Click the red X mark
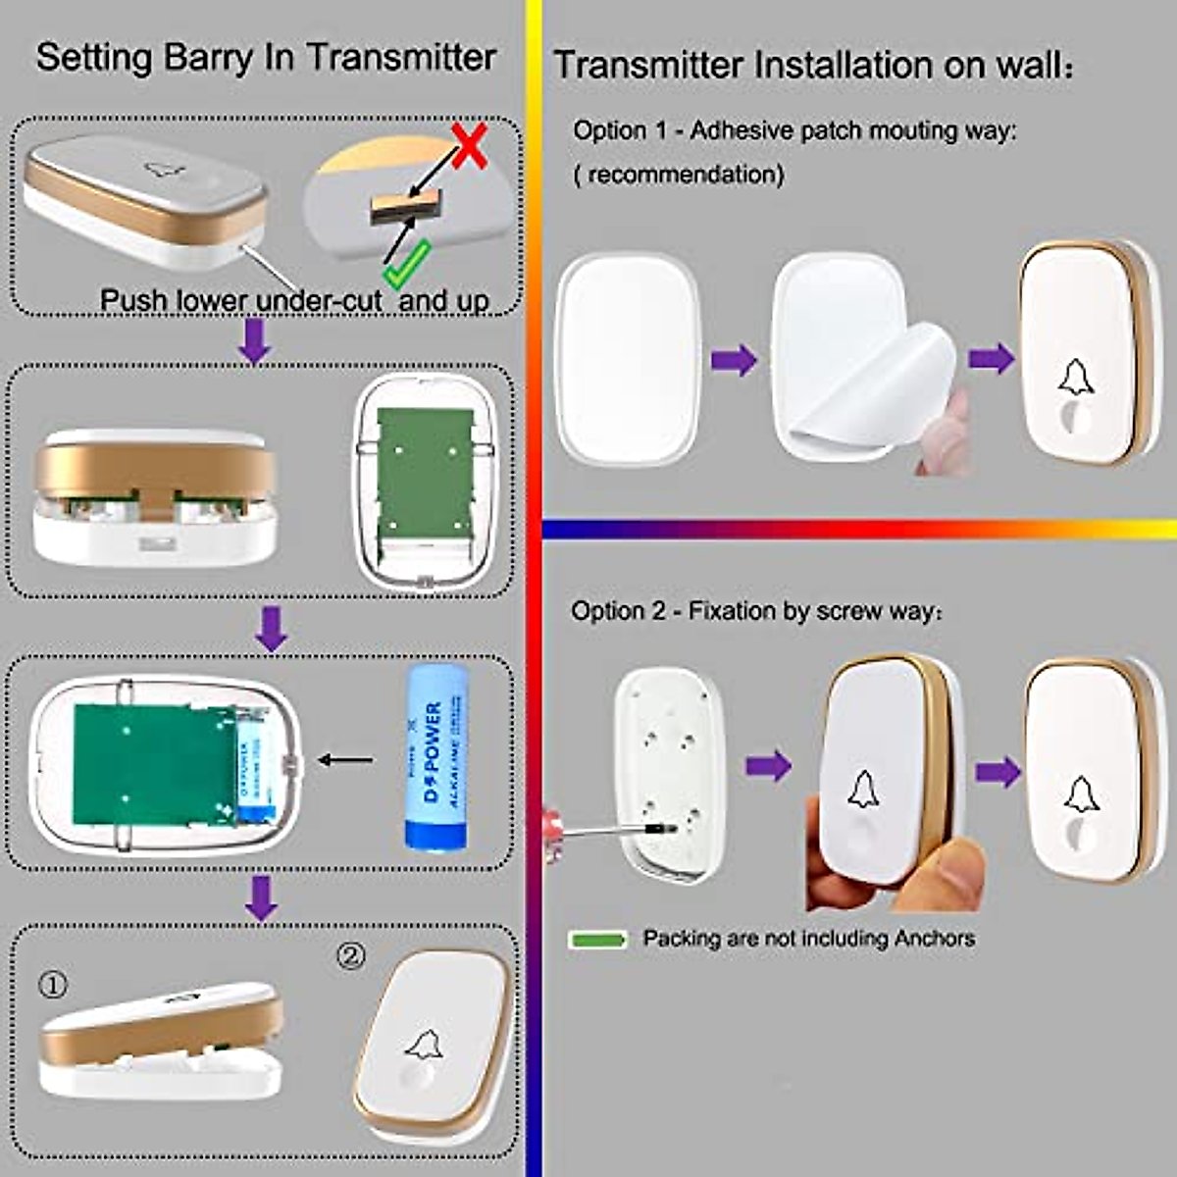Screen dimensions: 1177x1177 470,146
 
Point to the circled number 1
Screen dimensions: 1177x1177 54,985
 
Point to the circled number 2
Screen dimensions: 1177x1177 350,955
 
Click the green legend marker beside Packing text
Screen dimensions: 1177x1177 597,940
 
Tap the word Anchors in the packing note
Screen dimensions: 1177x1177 934,939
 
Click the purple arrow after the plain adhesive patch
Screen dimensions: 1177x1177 734,360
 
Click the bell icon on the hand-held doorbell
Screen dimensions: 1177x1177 863,789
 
